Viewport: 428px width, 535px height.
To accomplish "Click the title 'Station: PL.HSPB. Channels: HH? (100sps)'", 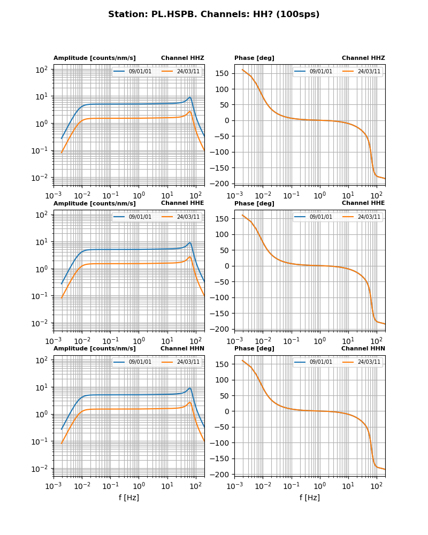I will coord(213,14).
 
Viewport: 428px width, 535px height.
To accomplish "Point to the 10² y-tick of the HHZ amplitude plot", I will coord(42,70).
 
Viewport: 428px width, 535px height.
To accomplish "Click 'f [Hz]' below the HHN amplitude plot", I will coord(128,498).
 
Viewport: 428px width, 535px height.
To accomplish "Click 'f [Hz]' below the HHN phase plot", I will coord(309,498).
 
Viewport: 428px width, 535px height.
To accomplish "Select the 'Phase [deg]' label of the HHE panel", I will coord(254,203).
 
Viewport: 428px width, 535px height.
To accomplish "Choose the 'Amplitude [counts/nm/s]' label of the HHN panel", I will coord(94,348).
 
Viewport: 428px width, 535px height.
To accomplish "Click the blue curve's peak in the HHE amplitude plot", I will coord(189,243).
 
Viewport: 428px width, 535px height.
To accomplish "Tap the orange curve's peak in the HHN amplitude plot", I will coord(189,402).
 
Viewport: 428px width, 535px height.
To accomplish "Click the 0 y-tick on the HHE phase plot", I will coord(227,266).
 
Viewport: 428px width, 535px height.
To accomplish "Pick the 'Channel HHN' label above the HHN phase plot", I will coord(363,348).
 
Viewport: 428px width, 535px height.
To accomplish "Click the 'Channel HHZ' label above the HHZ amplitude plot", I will coord(182,58).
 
